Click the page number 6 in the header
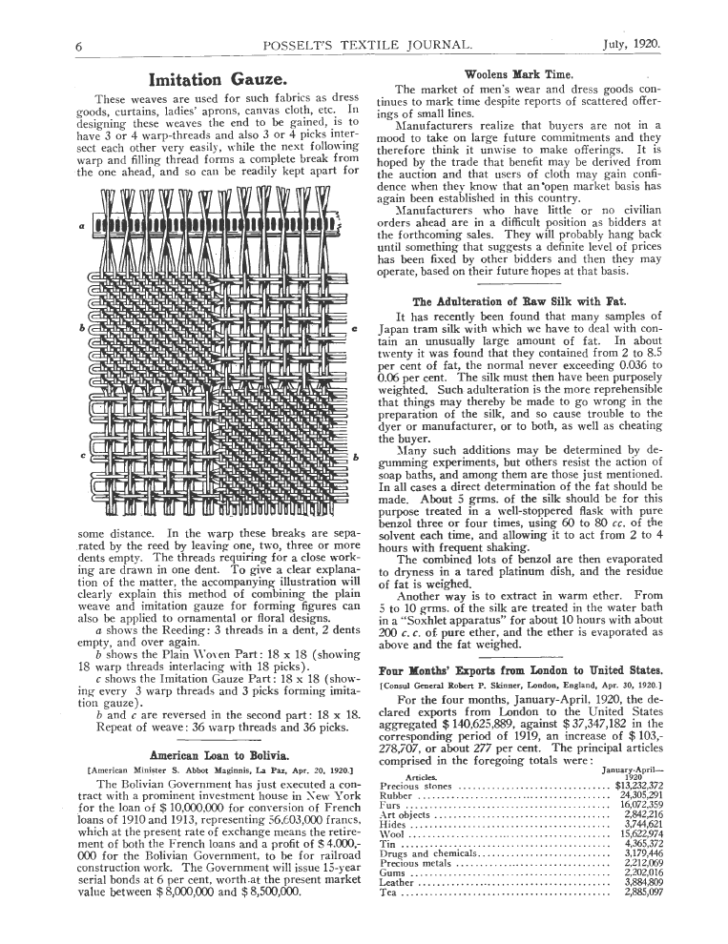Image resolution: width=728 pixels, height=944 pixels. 80,45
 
